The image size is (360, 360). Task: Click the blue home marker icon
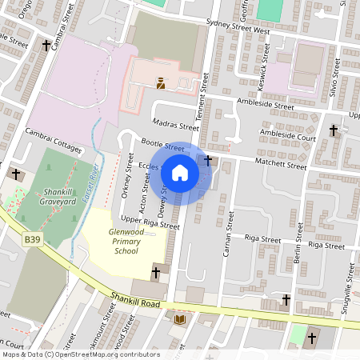coord(180,173)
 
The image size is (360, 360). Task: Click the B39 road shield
coord(31,238)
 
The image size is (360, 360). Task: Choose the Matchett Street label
coord(280,165)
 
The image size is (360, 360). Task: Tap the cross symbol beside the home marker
coord(209,161)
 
